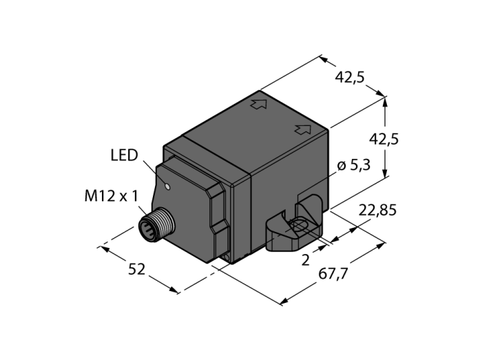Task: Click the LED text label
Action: pyautogui.click(x=124, y=156)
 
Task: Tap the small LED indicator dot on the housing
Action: pyautogui.click(x=167, y=186)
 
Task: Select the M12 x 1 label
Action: pyautogui.click(x=112, y=196)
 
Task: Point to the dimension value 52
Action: pyautogui.click(x=136, y=270)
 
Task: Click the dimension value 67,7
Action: pyautogui.click(x=333, y=274)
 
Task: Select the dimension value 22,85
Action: pyautogui.click(x=377, y=211)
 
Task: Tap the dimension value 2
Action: pyautogui.click(x=305, y=260)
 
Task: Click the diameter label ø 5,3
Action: pyautogui.click(x=354, y=166)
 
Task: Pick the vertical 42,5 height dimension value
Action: pyautogui.click(x=384, y=140)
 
